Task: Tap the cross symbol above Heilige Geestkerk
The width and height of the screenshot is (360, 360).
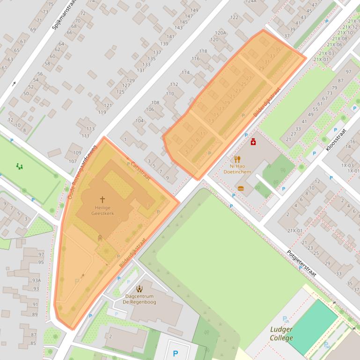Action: point(103,200)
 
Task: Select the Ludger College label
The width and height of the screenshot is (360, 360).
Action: point(281,333)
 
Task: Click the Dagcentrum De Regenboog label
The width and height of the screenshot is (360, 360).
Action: point(139,299)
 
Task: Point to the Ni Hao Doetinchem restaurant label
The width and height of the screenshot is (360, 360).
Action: point(237,169)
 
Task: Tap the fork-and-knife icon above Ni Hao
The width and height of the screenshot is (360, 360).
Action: point(237,159)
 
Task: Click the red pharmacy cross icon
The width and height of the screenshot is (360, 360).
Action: point(253,142)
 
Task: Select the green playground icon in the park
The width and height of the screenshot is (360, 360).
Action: point(19,166)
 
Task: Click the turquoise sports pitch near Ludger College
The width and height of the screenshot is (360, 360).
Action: point(313,326)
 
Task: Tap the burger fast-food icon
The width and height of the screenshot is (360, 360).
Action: point(241,188)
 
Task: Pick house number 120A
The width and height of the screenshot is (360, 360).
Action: point(220,33)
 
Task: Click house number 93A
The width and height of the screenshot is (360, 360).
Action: point(36,280)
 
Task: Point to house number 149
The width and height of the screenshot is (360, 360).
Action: point(194,10)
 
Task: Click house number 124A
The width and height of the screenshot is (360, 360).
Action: point(251,1)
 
